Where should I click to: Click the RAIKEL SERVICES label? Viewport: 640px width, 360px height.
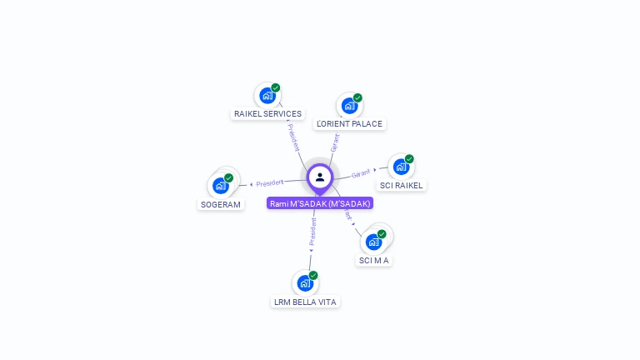pyautogui.click(x=267, y=113)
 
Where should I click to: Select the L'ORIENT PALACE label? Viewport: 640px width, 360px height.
pyautogui.click(x=350, y=123)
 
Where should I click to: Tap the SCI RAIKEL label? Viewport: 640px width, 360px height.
pyautogui.click(x=402, y=185)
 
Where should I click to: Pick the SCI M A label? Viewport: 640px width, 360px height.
pyautogui.click(x=374, y=260)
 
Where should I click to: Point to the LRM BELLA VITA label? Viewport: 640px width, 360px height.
pyautogui.click(x=305, y=302)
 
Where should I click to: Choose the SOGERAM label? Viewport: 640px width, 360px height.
pyautogui.click(x=221, y=204)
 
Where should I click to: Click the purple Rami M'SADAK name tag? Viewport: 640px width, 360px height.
pyautogui.click(x=320, y=203)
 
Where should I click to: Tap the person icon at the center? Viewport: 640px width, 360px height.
pyautogui.click(x=320, y=177)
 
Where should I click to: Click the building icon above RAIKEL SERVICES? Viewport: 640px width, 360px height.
pyautogui.click(x=267, y=95)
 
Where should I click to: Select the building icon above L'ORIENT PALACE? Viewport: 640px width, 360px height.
pyautogui.click(x=348, y=106)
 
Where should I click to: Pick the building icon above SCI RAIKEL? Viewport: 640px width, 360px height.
pyautogui.click(x=401, y=167)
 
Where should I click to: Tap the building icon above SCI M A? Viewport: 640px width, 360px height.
pyautogui.click(x=373, y=242)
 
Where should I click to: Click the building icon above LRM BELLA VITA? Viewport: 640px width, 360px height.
pyautogui.click(x=305, y=283)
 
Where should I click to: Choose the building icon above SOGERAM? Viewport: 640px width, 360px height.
pyautogui.click(x=220, y=185)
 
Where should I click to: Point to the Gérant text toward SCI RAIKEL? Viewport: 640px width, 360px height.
pyautogui.click(x=361, y=173)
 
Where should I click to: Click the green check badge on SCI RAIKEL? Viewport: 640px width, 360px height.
pyautogui.click(x=409, y=159)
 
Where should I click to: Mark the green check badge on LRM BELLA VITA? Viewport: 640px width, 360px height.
pyautogui.click(x=313, y=276)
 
